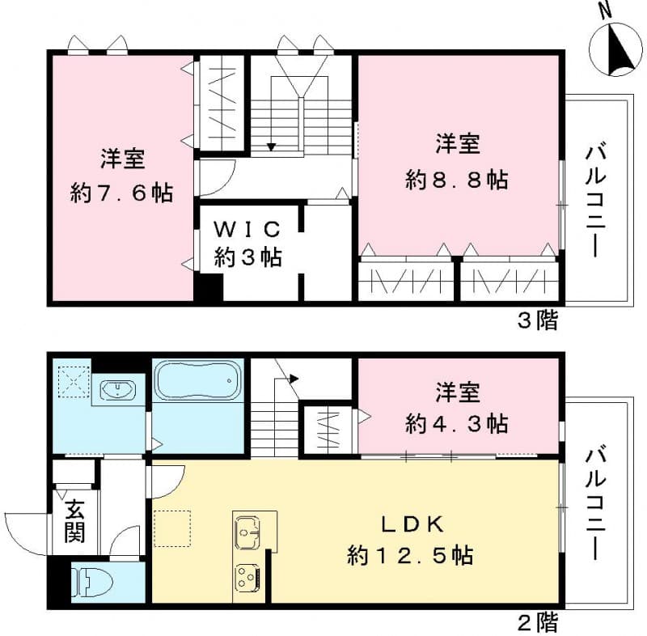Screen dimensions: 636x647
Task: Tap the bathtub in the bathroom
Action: click(198, 379)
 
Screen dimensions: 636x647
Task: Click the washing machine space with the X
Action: click(72, 379)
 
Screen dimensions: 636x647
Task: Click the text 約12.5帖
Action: click(410, 556)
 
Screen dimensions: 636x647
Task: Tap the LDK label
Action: click(410, 525)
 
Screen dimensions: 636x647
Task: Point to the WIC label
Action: click(247, 229)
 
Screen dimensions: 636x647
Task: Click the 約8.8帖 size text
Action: click(457, 179)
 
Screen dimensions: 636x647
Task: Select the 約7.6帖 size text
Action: click(122, 193)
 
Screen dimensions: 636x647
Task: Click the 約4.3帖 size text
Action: click(458, 422)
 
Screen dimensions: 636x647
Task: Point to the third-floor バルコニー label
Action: click(597, 199)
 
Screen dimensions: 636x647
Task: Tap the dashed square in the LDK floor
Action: click(171, 529)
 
